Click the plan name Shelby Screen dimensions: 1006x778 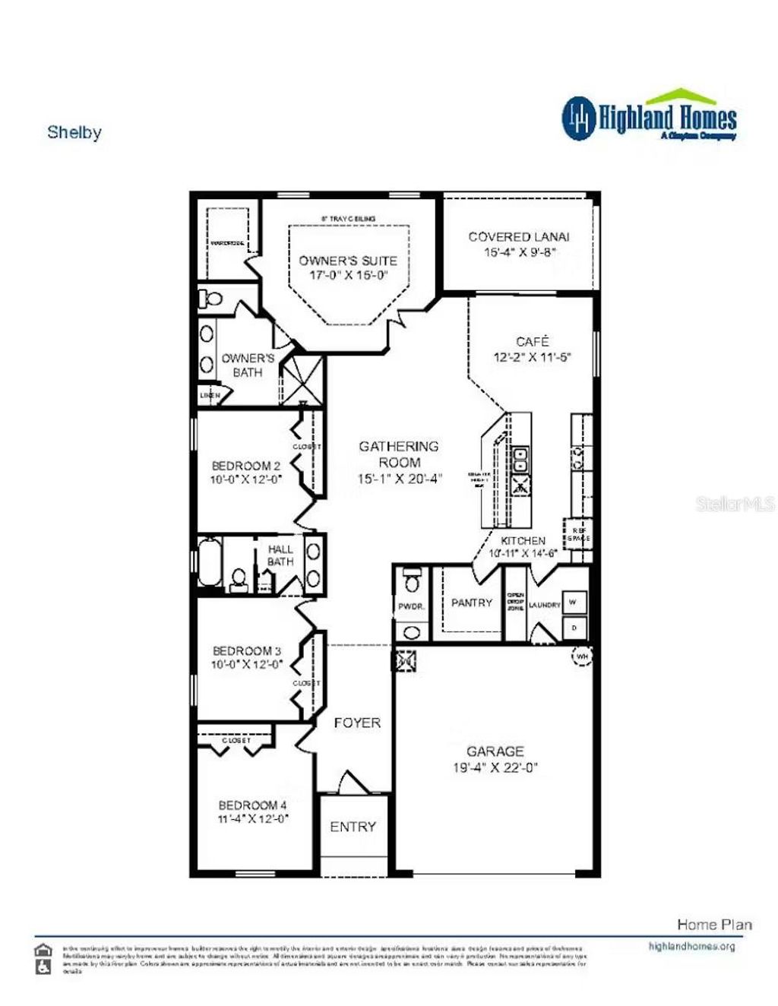click(x=74, y=132)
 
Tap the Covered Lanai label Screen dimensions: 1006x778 click(x=519, y=237)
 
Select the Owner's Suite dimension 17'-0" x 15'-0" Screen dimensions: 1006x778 click(x=348, y=275)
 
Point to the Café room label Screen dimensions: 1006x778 click(x=532, y=342)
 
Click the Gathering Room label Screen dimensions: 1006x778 click(x=399, y=454)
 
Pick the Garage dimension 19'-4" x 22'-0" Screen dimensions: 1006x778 click(x=495, y=767)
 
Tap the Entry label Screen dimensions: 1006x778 click(x=353, y=827)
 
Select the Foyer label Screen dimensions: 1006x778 click(x=357, y=723)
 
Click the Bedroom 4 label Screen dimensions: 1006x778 click(x=253, y=805)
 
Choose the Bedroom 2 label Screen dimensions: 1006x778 click(x=246, y=466)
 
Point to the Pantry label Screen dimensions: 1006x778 click(x=472, y=603)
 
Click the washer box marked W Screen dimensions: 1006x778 click(x=574, y=603)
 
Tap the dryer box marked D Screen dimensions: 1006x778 click(x=574, y=628)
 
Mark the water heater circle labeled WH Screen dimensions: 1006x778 click(x=582, y=656)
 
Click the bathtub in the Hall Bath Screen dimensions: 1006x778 click(x=210, y=562)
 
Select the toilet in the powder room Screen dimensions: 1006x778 click(x=412, y=581)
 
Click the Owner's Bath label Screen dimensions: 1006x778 click(x=248, y=365)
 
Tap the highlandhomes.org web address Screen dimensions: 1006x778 click(x=691, y=946)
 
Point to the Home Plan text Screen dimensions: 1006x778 click(x=714, y=924)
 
